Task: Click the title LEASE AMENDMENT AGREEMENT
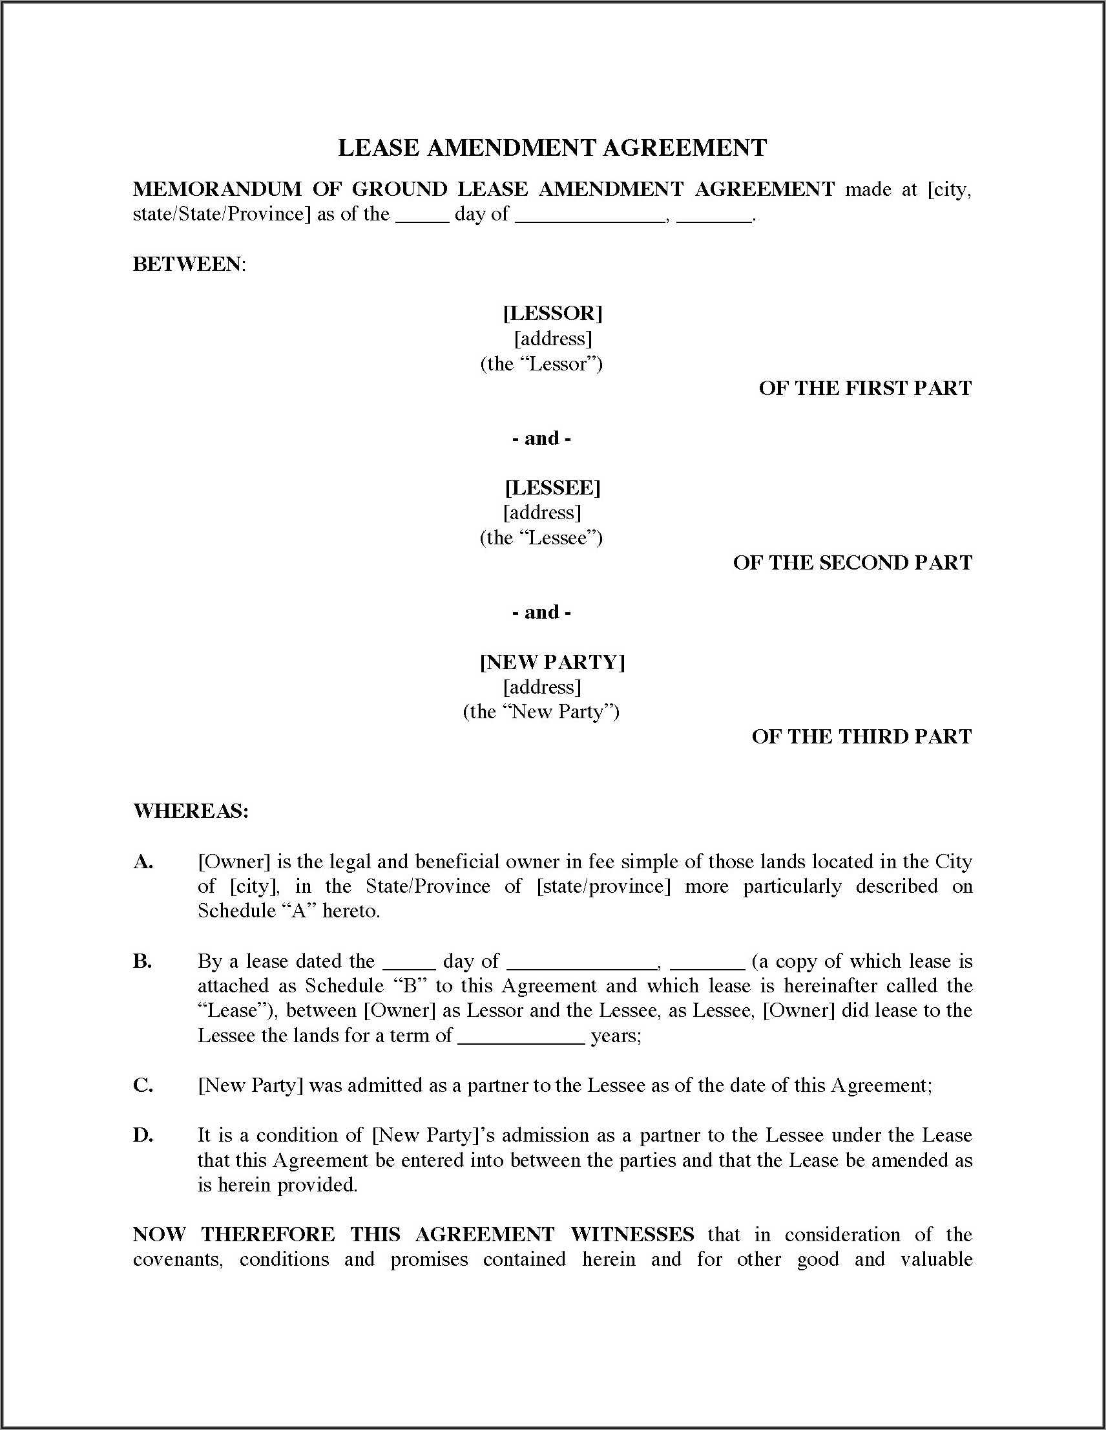pyautogui.click(x=552, y=148)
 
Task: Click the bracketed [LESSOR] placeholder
pyautogui.click(x=552, y=313)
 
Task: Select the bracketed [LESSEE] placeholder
pyautogui.click(x=552, y=487)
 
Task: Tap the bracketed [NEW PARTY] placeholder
pyautogui.click(x=552, y=662)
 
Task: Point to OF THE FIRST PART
pyautogui.click(x=865, y=389)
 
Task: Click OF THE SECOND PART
pyautogui.click(x=852, y=562)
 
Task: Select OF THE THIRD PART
pyautogui.click(x=861, y=736)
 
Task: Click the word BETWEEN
pyautogui.click(x=189, y=264)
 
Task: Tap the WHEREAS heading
pyautogui.click(x=191, y=811)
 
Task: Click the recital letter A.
pyautogui.click(x=143, y=862)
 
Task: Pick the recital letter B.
pyautogui.click(x=142, y=961)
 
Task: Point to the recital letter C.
pyautogui.click(x=142, y=1085)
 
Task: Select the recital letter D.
pyautogui.click(x=143, y=1135)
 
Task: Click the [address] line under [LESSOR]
pyautogui.click(x=552, y=339)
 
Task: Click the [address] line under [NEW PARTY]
pyautogui.click(x=542, y=687)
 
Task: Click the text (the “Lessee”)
pyautogui.click(x=541, y=538)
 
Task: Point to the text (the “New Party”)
pyautogui.click(x=541, y=712)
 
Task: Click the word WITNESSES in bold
pyautogui.click(x=632, y=1235)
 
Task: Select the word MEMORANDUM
pyautogui.click(x=216, y=189)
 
